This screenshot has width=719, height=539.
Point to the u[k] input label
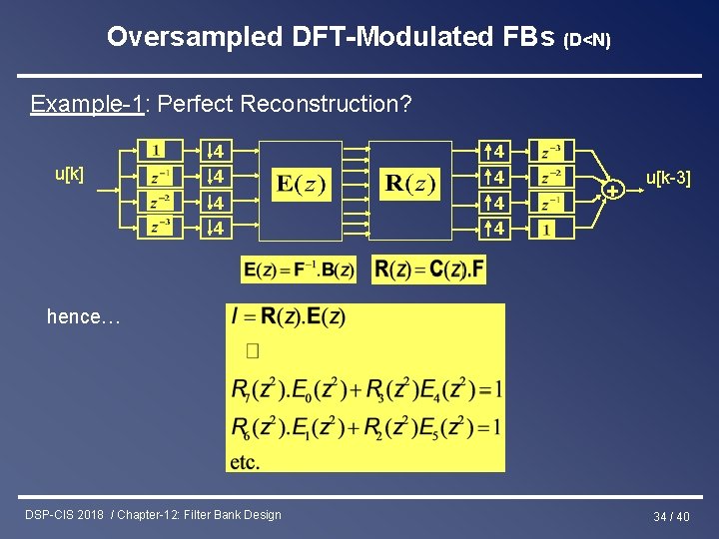pyautogui.click(x=69, y=174)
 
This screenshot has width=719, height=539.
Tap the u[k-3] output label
pyautogui.click(x=667, y=179)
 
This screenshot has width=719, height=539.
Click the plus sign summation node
pyautogui.click(x=613, y=189)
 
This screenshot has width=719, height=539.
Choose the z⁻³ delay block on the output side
pyautogui.click(x=549, y=152)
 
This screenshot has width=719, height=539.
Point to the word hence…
pyautogui.click(x=83, y=317)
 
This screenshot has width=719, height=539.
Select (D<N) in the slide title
pyautogui.click(x=587, y=40)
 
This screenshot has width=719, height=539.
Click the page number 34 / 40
pyautogui.click(x=671, y=516)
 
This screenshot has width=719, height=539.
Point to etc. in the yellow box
pyautogui.click(x=245, y=462)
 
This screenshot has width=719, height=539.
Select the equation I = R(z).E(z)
pyautogui.click(x=288, y=318)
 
